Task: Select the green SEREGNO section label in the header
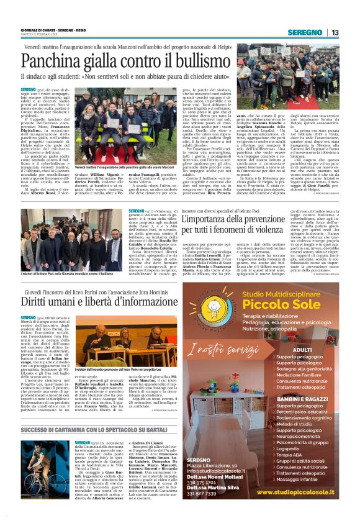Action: pos(309,32)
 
